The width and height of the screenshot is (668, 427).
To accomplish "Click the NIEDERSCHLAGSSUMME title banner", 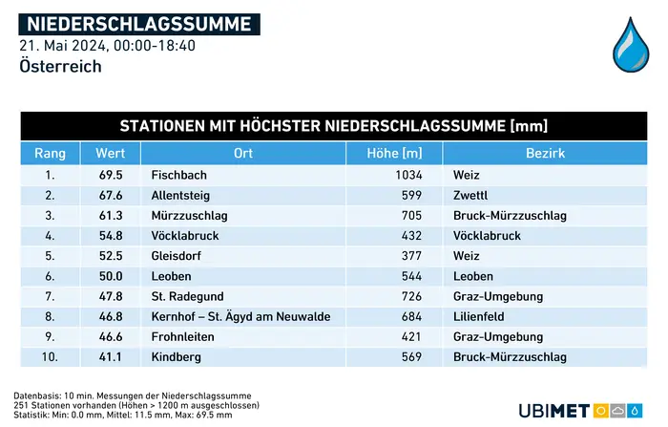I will click(x=139, y=24).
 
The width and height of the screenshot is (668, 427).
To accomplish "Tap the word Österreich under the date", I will click(x=60, y=66).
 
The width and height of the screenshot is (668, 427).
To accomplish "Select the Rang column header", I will click(x=50, y=154).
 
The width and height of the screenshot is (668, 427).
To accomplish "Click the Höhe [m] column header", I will click(x=395, y=154).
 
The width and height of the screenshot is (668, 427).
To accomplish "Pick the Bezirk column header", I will click(x=545, y=154).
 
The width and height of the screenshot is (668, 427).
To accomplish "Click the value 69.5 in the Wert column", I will click(x=110, y=176).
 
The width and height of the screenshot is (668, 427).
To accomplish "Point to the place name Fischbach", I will click(x=179, y=176).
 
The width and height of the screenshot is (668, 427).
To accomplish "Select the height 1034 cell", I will click(x=408, y=176).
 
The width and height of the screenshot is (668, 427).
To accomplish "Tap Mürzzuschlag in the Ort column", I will click(x=189, y=216).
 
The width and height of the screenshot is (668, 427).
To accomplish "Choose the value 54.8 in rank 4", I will click(x=110, y=236).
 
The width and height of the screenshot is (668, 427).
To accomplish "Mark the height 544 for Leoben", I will click(x=412, y=276).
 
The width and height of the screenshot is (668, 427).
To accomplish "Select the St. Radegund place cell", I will click(x=188, y=296).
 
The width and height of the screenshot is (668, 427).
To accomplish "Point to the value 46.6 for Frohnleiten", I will click(x=110, y=337).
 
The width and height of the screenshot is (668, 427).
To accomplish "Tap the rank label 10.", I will click(x=50, y=357).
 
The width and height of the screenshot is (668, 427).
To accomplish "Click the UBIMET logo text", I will click(x=553, y=410).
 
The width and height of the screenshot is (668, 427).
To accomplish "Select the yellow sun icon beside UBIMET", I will click(x=601, y=410).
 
